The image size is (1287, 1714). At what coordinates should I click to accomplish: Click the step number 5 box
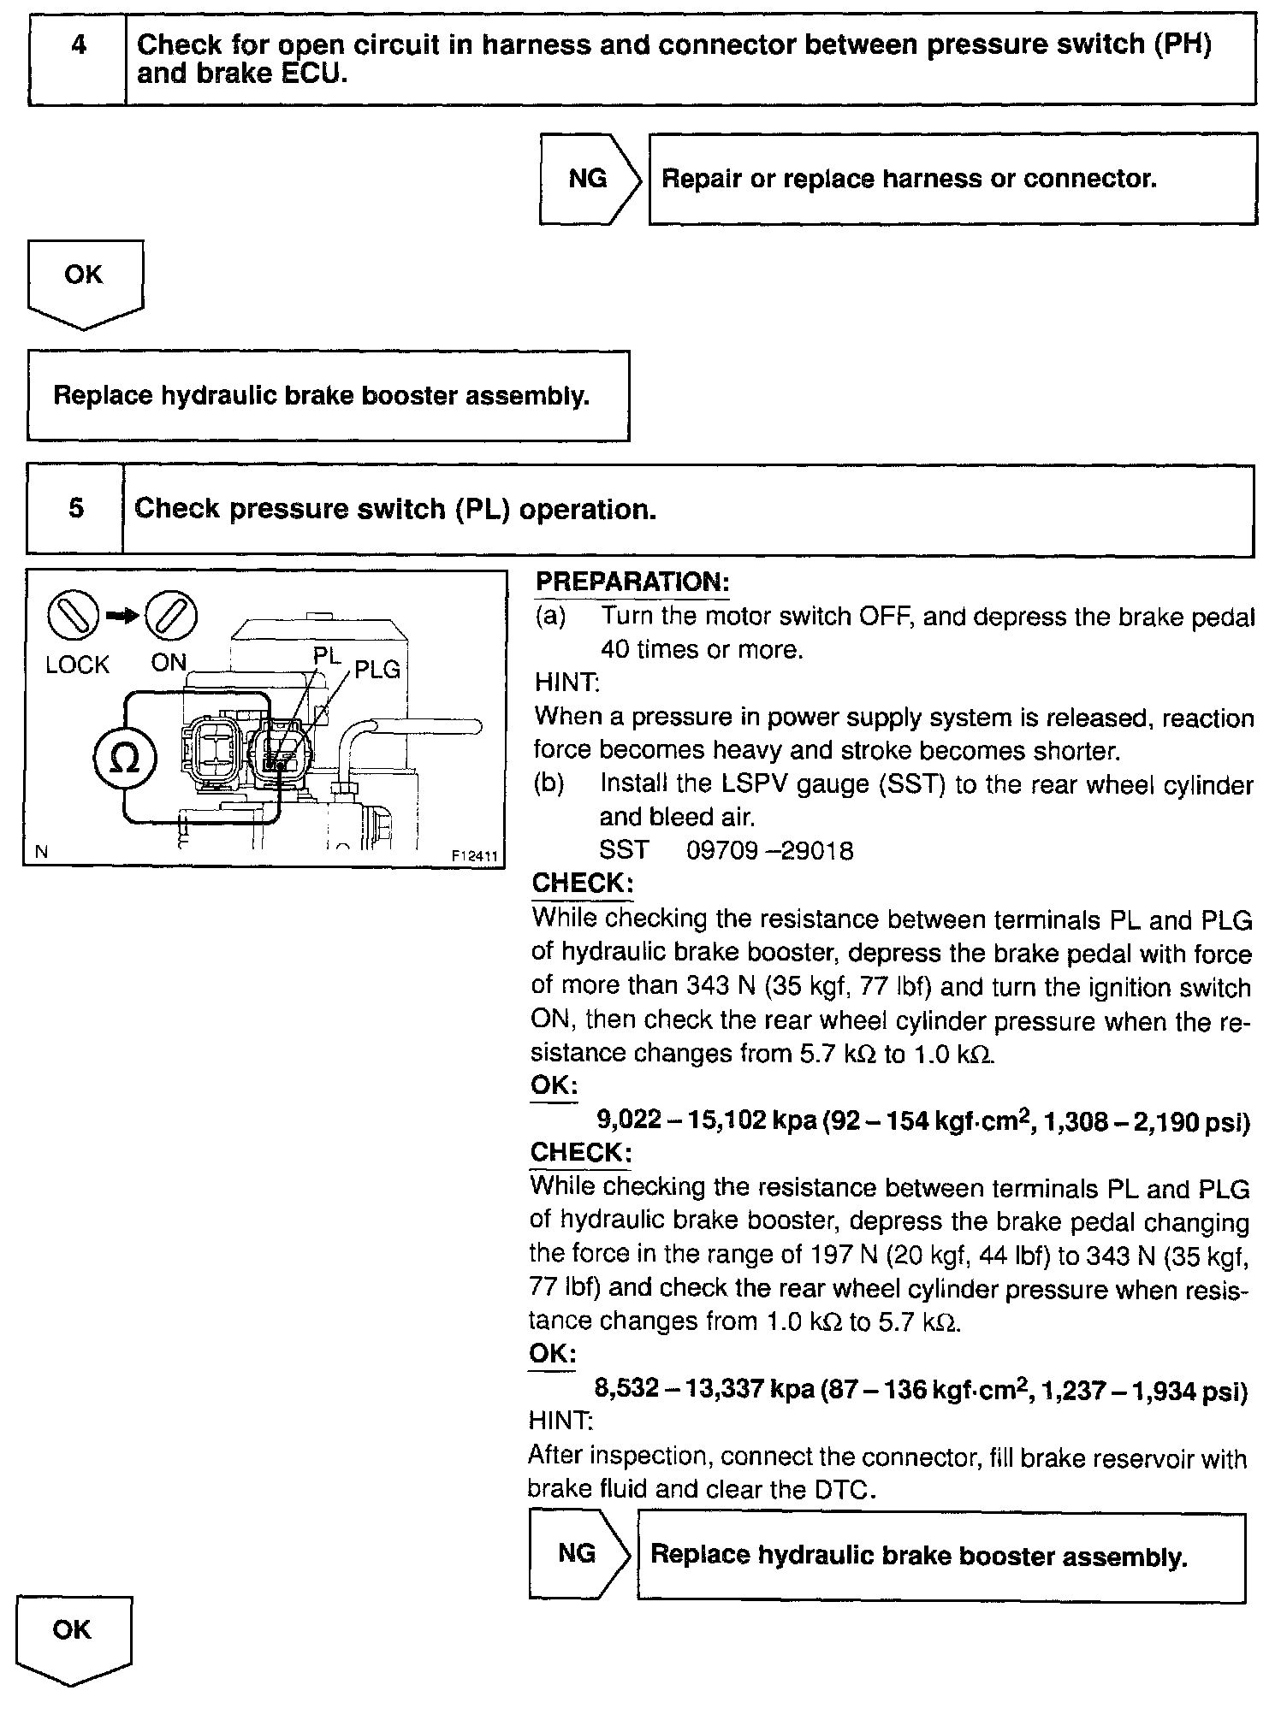(75, 509)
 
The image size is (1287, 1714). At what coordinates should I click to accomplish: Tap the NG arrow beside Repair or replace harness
(588, 179)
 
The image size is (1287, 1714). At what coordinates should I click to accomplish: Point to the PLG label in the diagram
(377, 670)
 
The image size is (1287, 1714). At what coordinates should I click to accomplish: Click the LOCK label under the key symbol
(77, 665)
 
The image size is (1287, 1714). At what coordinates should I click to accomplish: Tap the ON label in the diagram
(169, 663)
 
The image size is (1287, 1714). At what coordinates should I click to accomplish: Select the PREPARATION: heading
(632, 582)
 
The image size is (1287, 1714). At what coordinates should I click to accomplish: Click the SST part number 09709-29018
(770, 851)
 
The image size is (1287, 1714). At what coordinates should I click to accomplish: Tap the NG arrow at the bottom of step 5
(578, 1554)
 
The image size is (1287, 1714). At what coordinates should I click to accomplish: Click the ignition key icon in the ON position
(170, 615)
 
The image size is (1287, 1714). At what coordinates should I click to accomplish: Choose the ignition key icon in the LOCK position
(74, 616)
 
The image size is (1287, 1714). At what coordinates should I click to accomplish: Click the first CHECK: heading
(581, 884)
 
